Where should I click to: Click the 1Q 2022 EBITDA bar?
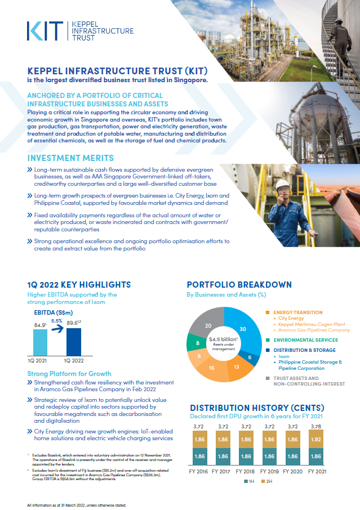[x=74, y=341]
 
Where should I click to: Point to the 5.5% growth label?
[x=57, y=321]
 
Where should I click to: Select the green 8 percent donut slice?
[x=194, y=343]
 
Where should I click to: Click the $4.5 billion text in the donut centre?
[x=223, y=339]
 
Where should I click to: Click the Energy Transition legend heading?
[x=298, y=312]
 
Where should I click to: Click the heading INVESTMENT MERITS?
[x=70, y=158]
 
